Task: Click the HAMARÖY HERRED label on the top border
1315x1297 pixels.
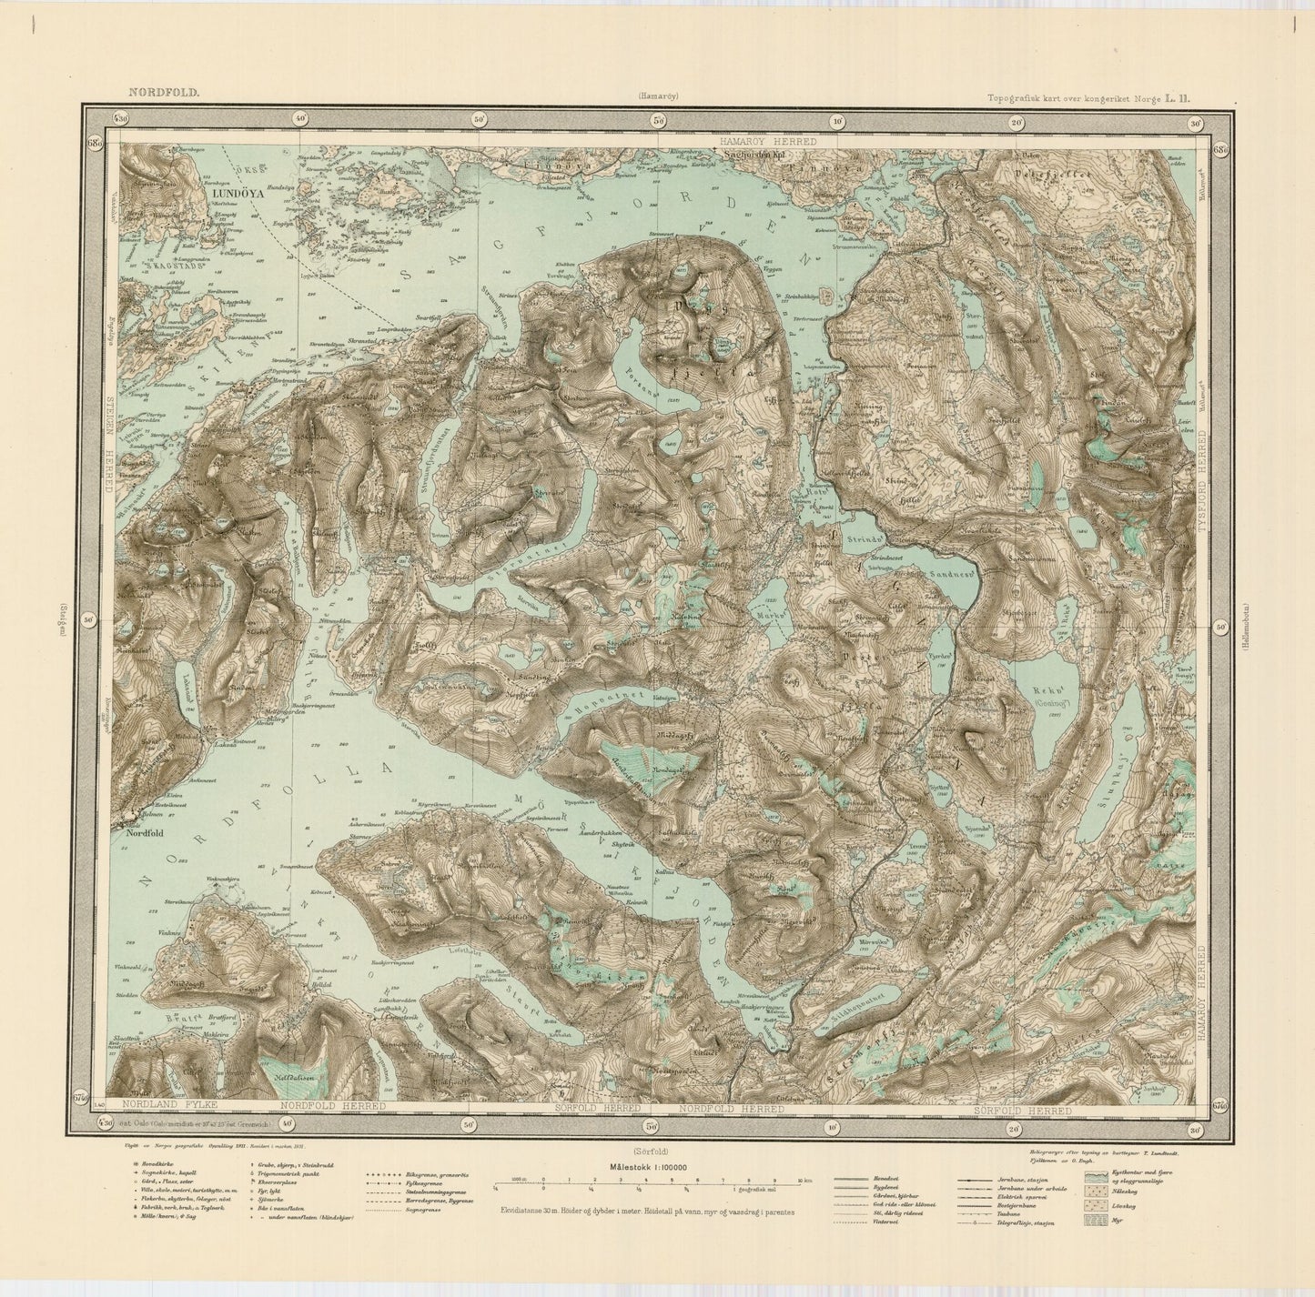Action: pyautogui.click(x=767, y=143)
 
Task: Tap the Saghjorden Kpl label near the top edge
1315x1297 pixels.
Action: pyautogui.click(x=754, y=155)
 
